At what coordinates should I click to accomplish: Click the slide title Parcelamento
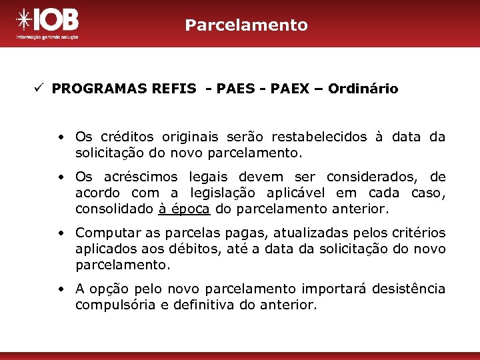pos(247,25)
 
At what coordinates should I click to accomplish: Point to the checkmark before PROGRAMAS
pos(40,88)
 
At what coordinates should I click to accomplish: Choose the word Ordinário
pos(363,89)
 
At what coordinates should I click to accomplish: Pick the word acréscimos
pos(141,177)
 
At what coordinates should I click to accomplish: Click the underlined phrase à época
pos(185,209)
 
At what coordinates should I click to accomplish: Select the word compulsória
pos(112,305)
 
